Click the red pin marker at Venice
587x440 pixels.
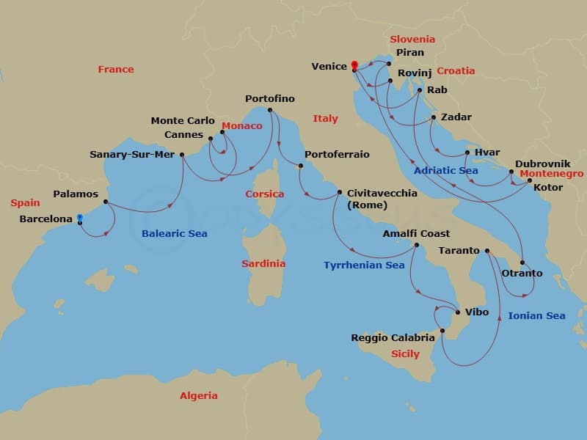tap(354, 65)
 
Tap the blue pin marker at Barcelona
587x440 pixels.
tap(79, 218)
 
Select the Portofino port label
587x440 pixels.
tap(270, 99)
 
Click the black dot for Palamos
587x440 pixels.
tap(106, 202)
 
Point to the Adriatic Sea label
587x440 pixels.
tap(445, 170)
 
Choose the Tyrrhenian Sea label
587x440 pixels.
tap(364, 265)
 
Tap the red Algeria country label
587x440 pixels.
tap(199, 396)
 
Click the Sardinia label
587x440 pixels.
tap(263, 263)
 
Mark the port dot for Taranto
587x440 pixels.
tap(487, 251)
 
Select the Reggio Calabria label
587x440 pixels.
tap(393, 338)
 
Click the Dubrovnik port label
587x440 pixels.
tap(542, 164)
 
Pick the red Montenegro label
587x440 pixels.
tap(552, 174)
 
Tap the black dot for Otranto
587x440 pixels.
tap(522, 263)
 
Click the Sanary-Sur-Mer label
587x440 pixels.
tap(131, 155)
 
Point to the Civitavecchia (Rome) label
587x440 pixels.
tap(382, 199)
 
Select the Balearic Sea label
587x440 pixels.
tap(175, 234)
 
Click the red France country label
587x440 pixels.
tap(116, 70)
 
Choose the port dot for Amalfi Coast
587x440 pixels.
tap(416, 245)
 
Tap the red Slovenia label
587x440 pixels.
tap(412, 40)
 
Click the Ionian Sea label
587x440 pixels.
tap(536, 316)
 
